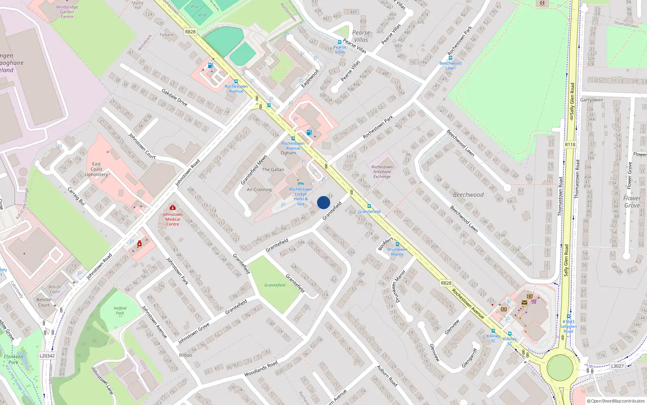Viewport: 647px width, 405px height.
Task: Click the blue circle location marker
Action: tap(323, 203)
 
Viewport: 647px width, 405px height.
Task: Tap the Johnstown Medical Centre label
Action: tap(173, 219)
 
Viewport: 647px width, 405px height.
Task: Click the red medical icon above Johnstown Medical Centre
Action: tap(173, 208)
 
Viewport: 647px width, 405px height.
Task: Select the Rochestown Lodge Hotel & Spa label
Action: tap(300, 196)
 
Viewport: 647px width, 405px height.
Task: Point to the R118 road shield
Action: tap(570, 145)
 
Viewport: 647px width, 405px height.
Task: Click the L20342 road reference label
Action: tap(47, 356)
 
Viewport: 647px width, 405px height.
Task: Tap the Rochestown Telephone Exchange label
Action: tap(382, 172)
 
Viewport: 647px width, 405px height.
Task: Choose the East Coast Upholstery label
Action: tap(96, 169)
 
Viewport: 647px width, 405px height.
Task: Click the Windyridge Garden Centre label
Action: tap(67, 12)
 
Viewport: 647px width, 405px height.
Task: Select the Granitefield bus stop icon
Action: tap(369, 206)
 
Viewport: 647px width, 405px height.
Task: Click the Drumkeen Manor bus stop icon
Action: tap(398, 244)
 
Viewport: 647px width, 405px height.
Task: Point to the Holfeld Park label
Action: tap(120, 311)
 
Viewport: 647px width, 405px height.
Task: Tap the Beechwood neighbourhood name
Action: tap(468, 195)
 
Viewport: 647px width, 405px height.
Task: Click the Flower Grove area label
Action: tap(632, 202)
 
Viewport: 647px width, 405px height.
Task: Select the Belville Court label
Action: tap(44, 302)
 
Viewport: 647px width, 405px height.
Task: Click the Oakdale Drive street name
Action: tap(174, 98)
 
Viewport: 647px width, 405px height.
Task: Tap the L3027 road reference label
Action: tap(617, 366)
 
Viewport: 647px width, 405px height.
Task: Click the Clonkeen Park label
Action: tap(13, 359)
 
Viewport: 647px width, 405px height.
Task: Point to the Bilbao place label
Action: tap(186, 355)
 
